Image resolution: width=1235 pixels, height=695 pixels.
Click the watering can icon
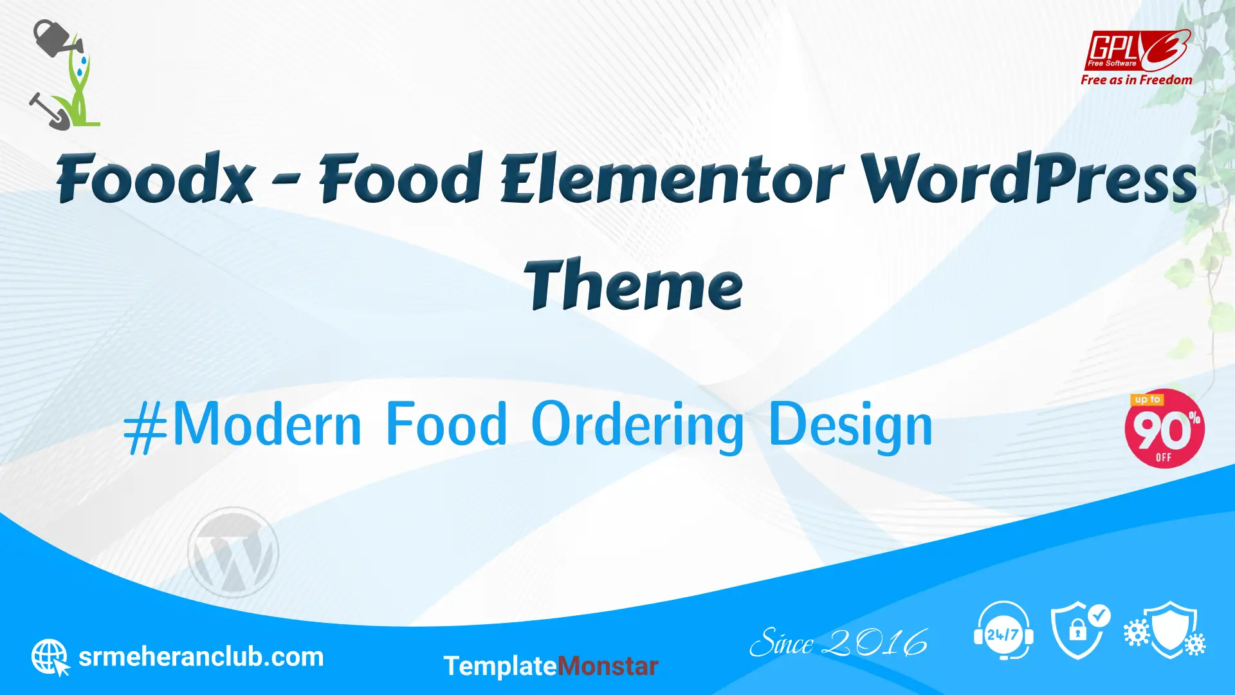(x=57, y=39)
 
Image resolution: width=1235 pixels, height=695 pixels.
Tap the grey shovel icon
(x=49, y=111)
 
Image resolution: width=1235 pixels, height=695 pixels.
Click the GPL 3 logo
(x=1137, y=51)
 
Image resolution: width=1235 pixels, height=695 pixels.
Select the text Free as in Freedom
(x=1137, y=80)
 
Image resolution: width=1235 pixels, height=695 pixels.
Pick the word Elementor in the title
(x=672, y=178)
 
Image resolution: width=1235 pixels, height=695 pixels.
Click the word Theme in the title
(x=634, y=284)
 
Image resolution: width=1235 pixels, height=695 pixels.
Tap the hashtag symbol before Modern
(x=145, y=427)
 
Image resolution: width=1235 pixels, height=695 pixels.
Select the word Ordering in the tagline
(x=637, y=425)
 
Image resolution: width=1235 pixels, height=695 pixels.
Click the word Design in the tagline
(x=850, y=425)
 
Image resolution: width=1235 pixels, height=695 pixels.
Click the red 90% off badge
(x=1164, y=429)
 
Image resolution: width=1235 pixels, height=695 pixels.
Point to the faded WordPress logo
(x=233, y=552)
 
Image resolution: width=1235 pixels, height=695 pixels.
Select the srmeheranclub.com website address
(x=201, y=657)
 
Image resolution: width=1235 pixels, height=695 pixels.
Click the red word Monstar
(x=608, y=666)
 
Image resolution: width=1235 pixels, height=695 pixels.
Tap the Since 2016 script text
(x=839, y=643)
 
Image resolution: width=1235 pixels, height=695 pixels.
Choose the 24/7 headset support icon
(x=1003, y=631)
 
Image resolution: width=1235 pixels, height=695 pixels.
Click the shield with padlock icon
(x=1080, y=631)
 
